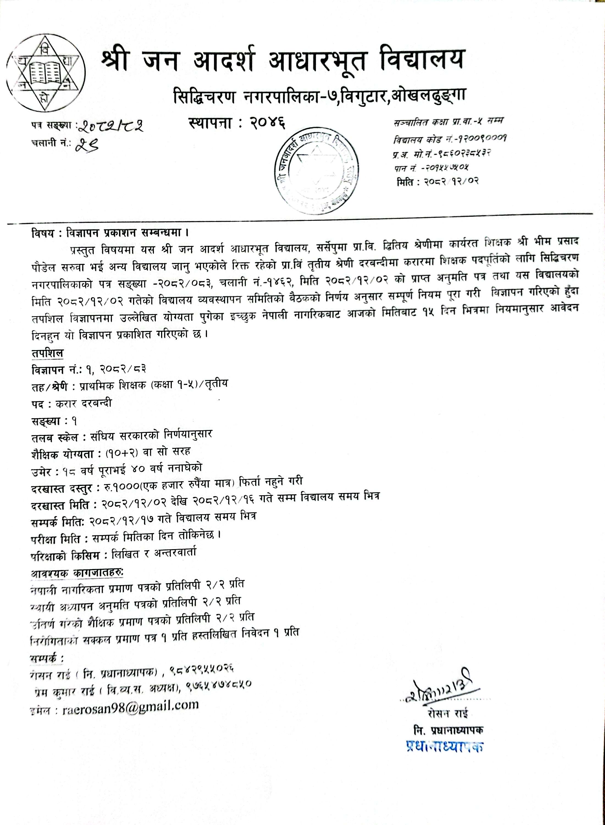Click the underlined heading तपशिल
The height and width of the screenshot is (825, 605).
pos(47,353)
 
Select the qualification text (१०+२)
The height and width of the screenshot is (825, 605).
pos(121,451)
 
